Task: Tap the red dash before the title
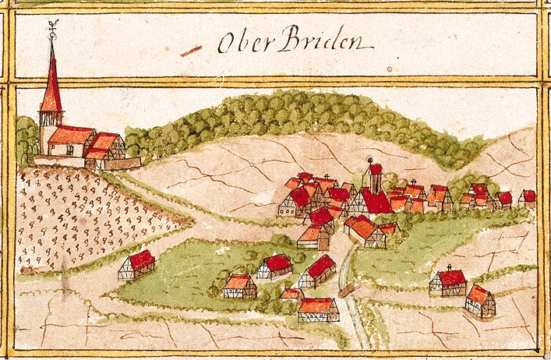tap(188, 53)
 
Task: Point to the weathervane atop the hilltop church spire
tap(52, 30)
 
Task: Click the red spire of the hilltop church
tap(51, 86)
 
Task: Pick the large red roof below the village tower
tap(376, 203)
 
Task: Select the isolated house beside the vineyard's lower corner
tap(137, 265)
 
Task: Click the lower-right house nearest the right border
tap(480, 300)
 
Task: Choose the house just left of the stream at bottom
tap(318, 309)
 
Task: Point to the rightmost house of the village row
tap(528, 198)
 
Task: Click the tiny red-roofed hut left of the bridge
tap(291, 295)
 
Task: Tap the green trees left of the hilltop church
tap(25, 136)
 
